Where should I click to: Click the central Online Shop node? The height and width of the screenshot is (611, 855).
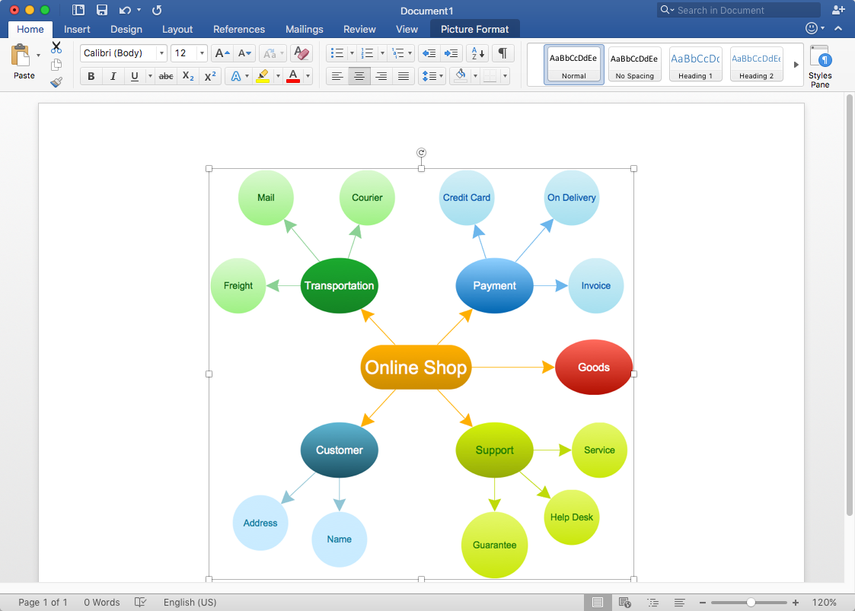pos(416,368)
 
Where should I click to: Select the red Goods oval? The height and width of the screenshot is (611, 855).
pos(594,368)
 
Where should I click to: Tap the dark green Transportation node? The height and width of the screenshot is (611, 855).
pos(339,285)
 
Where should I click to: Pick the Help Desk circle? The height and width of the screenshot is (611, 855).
pos(572,517)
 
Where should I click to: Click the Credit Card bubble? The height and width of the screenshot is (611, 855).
pos(467,197)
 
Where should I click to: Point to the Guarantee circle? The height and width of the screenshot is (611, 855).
pos(495,545)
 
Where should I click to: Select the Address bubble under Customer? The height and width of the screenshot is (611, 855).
pos(260,523)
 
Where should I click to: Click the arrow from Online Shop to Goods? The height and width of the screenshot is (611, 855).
pos(513,368)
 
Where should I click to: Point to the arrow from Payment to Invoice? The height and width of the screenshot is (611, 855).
pos(550,285)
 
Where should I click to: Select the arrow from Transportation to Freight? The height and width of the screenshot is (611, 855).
pos(283,285)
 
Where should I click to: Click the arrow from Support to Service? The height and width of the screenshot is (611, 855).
pos(553,450)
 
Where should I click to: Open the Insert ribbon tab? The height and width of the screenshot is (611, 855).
pos(77,30)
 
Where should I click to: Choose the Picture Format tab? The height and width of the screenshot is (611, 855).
pos(474,30)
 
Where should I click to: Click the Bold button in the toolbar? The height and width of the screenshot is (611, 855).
pos(91,76)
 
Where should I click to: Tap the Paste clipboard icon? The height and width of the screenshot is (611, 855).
pos(21,56)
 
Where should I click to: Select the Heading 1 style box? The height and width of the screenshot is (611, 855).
pos(695,63)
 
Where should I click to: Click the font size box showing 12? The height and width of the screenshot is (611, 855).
pos(183,53)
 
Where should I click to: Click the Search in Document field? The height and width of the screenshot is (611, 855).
pos(739,11)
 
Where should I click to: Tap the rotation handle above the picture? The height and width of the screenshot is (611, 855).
pos(421,153)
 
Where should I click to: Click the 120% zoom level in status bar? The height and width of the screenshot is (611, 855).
pos(824,603)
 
